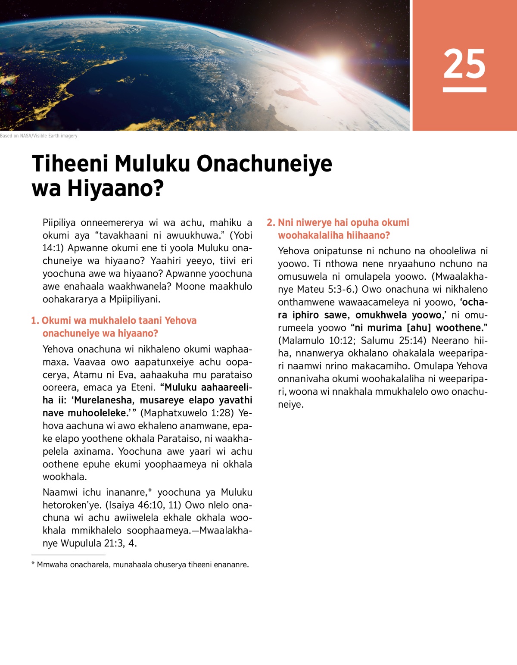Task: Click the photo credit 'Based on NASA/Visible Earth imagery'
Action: (39, 136)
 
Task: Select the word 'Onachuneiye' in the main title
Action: (264, 164)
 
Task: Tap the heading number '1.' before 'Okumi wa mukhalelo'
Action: (35, 321)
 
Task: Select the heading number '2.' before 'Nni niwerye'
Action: (271, 223)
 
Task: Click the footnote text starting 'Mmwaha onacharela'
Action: (142, 565)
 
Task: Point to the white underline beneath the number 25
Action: (464, 90)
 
